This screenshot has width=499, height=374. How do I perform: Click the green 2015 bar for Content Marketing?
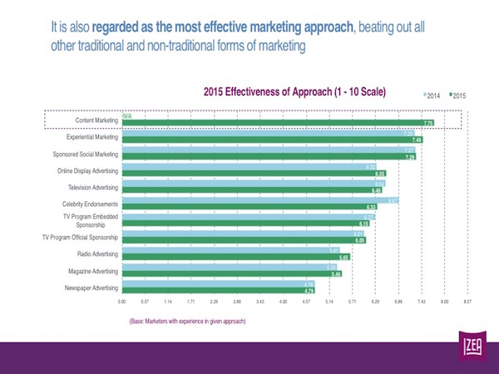[x=274, y=123]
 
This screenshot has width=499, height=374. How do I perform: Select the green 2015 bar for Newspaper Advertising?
[x=216, y=291]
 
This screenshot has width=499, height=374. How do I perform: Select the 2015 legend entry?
[x=457, y=96]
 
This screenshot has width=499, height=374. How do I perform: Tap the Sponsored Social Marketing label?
[x=86, y=155]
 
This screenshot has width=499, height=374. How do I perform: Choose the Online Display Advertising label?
[x=86, y=171]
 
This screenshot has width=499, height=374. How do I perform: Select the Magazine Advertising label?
[x=91, y=271]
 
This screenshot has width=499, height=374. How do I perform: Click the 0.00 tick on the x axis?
[x=121, y=303]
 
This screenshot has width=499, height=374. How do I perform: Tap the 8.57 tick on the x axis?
[x=467, y=303]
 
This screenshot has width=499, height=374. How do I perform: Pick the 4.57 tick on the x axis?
[x=306, y=303]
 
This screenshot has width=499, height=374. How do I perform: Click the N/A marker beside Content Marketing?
[x=126, y=116]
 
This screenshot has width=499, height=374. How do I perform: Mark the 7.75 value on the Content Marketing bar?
[x=429, y=124]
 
